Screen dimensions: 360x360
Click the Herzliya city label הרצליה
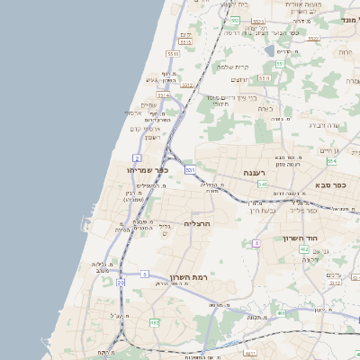point(197,222)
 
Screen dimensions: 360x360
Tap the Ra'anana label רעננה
point(252,172)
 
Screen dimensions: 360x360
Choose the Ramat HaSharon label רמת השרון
point(187,277)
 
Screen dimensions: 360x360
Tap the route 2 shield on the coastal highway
point(137,157)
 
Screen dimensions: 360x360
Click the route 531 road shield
point(190,168)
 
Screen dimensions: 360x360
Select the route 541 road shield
point(262,184)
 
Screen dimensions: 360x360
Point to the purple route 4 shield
point(256,243)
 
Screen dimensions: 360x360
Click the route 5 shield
point(144,273)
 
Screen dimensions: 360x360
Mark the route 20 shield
point(121,283)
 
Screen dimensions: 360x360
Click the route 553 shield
point(235,19)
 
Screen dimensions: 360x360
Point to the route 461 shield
point(282,313)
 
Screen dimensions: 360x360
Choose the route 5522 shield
point(313,39)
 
